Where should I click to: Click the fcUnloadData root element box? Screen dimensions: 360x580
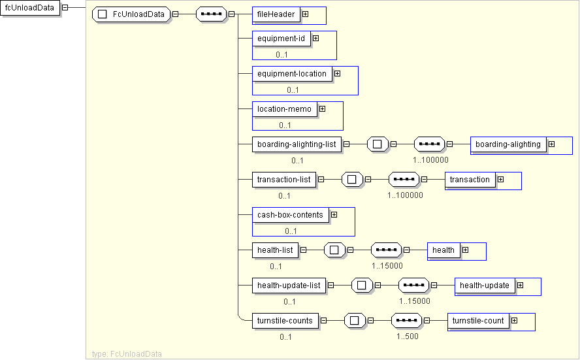[x=29, y=8]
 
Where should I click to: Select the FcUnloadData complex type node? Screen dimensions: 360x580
[x=132, y=14]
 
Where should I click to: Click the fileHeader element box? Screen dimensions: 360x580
[x=276, y=14]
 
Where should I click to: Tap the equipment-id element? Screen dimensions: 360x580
[x=281, y=39]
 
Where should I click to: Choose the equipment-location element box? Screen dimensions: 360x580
[x=291, y=74]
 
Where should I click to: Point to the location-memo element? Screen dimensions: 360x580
[x=284, y=109]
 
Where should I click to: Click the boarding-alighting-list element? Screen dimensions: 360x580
[x=297, y=144]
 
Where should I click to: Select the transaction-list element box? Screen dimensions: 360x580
[x=284, y=179]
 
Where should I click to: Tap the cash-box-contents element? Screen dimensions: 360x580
[x=290, y=215]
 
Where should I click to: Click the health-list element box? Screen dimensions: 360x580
[x=275, y=250]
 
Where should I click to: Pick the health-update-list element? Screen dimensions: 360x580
[x=289, y=286]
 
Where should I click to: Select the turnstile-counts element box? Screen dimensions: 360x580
[x=285, y=321]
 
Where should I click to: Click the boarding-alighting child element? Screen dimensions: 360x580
[x=508, y=144]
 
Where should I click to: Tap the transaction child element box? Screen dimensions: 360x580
[x=470, y=180]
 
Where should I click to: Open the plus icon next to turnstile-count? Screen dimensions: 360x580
[x=514, y=321]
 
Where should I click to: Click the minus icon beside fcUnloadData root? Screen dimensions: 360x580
[x=65, y=8]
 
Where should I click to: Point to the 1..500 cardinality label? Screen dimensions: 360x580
[x=407, y=336]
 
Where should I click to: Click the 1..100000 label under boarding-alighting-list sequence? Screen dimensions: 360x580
[x=430, y=159]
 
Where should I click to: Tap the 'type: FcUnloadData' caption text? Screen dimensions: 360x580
[x=127, y=353]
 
